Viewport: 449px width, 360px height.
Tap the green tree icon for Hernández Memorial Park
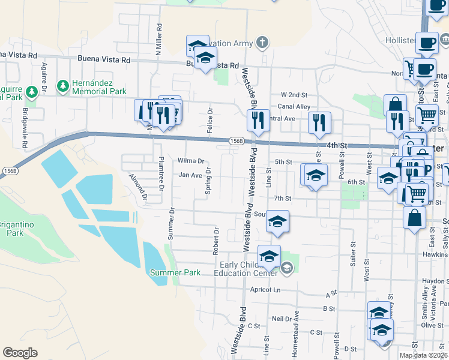tap(63, 86)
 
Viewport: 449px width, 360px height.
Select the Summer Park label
tap(175, 272)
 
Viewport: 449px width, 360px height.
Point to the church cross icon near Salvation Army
tap(262, 42)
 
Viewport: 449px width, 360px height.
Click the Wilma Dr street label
tap(191, 161)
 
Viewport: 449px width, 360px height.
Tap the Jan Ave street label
tap(190, 175)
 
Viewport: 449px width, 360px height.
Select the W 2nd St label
tap(294, 95)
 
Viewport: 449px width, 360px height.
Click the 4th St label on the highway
tap(337, 145)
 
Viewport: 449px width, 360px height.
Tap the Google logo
tap(20, 353)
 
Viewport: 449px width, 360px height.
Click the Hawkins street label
tap(435, 254)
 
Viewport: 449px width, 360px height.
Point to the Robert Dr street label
tap(215, 241)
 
